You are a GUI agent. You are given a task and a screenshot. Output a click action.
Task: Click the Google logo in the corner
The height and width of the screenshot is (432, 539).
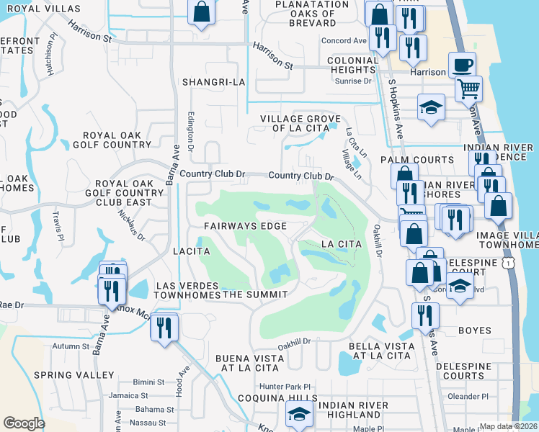pos(24,423)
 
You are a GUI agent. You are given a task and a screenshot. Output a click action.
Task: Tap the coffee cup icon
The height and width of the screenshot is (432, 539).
pos(463,65)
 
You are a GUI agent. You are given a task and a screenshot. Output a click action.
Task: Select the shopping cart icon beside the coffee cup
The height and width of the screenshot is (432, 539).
pos(469,89)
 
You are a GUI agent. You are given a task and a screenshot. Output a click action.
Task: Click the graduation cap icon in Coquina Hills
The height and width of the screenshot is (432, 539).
pos(299,413)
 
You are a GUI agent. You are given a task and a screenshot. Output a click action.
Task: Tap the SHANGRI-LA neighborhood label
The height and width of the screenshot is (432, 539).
pos(214,82)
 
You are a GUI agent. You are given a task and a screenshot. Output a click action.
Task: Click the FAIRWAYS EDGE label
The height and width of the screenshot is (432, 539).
pos(245,226)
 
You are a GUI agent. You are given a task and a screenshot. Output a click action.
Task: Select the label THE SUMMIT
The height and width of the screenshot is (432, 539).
pos(255,294)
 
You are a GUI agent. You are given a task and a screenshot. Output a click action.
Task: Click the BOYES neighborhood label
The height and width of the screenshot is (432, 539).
pos(474,330)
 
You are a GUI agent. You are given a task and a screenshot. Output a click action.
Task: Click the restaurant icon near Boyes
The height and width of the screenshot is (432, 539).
pos(425,315)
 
